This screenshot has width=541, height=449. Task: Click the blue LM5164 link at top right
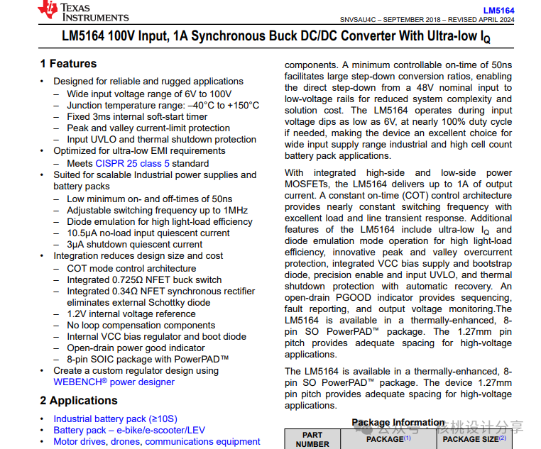[x=498, y=11]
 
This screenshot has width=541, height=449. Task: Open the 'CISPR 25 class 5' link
[x=133, y=163]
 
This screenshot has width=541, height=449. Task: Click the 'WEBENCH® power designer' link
[x=114, y=382]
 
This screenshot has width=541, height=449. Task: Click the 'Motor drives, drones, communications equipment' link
[x=157, y=441]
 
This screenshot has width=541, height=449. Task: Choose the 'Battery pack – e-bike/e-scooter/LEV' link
[x=129, y=431]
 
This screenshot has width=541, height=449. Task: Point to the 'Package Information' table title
[x=398, y=423]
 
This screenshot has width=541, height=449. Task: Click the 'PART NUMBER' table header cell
[x=312, y=439]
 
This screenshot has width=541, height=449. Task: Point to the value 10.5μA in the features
[x=82, y=233]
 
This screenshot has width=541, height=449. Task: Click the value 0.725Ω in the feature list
[x=129, y=279]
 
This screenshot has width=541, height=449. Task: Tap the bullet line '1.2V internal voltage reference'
[x=131, y=314]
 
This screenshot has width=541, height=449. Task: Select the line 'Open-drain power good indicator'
[x=136, y=348]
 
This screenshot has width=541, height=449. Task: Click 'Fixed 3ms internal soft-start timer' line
[x=137, y=116]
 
